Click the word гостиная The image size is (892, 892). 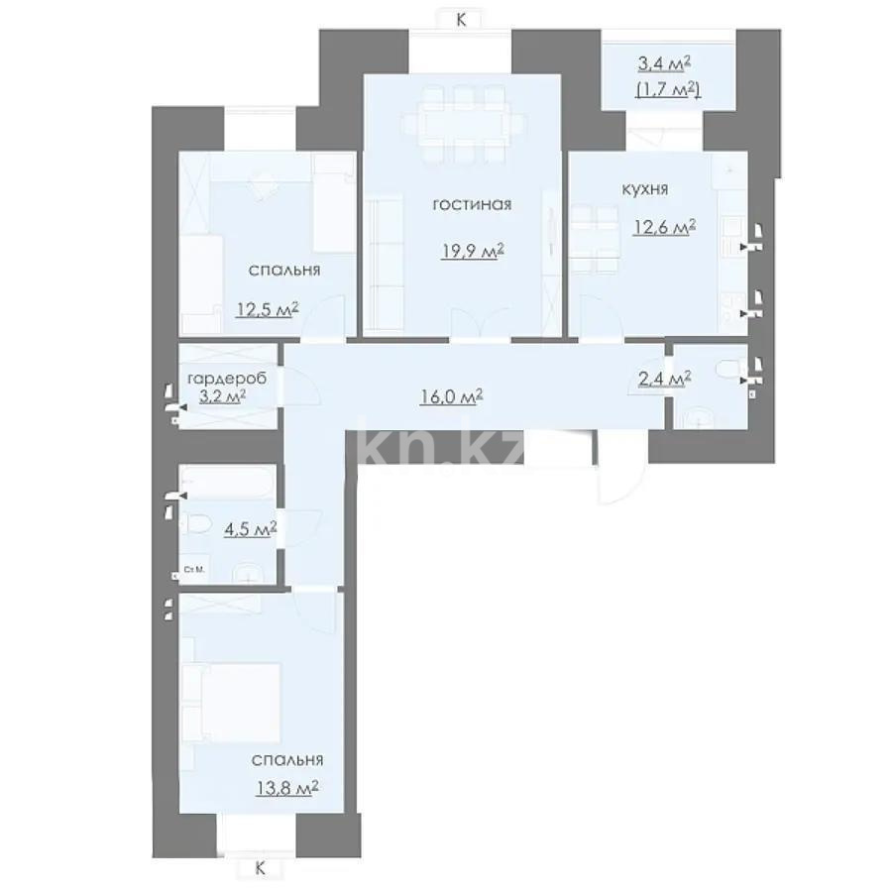472,203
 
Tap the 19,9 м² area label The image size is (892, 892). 473,251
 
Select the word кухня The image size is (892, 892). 644,189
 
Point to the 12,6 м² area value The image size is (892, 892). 664,228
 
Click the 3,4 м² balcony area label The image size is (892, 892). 664,63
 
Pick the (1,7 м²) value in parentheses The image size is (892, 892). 668,89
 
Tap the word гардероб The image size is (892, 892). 227,379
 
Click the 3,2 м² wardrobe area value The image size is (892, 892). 222,395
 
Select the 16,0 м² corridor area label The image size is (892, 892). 452,395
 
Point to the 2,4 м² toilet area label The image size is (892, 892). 664,379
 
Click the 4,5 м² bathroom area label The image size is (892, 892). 251,529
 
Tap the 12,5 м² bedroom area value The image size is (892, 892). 268,310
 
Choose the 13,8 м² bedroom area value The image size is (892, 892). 286,789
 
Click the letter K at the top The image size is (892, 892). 461,20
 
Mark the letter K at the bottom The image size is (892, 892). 260,868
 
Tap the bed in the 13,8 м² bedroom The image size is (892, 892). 231,703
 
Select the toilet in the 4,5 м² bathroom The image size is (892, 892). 195,523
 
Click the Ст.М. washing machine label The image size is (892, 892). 194,570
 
